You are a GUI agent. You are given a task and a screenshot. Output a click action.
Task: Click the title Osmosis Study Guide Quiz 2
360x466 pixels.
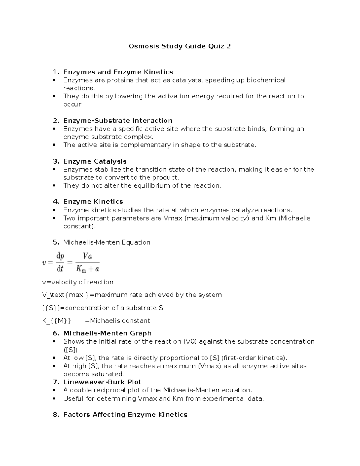pyautogui.click(x=180, y=46)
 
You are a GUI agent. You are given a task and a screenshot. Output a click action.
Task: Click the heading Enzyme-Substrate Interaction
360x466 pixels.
pyautogui.click(x=118, y=121)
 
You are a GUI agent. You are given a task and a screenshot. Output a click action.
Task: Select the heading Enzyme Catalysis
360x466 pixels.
pyautogui.click(x=95, y=161)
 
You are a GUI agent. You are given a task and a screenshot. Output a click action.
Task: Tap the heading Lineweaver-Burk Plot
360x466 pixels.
pyautogui.click(x=102, y=382)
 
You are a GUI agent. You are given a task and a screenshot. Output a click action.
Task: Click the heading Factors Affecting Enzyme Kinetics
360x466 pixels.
pyautogui.click(x=125, y=415)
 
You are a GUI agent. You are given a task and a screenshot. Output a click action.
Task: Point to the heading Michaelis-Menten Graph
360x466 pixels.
pyautogui.click(x=107, y=333)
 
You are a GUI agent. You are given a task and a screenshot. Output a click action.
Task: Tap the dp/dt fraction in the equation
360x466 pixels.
pyautogui.click(x=60, y=262)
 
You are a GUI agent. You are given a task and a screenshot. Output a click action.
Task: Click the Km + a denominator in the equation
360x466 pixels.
pyautogui.click(x=87, y=269)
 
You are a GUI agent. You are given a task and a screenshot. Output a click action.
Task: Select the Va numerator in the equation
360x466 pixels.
pyautogui.click(x=87, y=256)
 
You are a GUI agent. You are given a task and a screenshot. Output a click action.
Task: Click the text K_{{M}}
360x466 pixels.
pyautogui.click(x=57, y=321)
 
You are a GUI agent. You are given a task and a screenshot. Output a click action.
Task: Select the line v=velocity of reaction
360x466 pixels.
pyautogui.click(x=78, y=282)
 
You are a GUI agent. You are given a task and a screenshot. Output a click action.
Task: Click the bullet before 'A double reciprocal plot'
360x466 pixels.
pyautogui.click(x=54, y=390)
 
